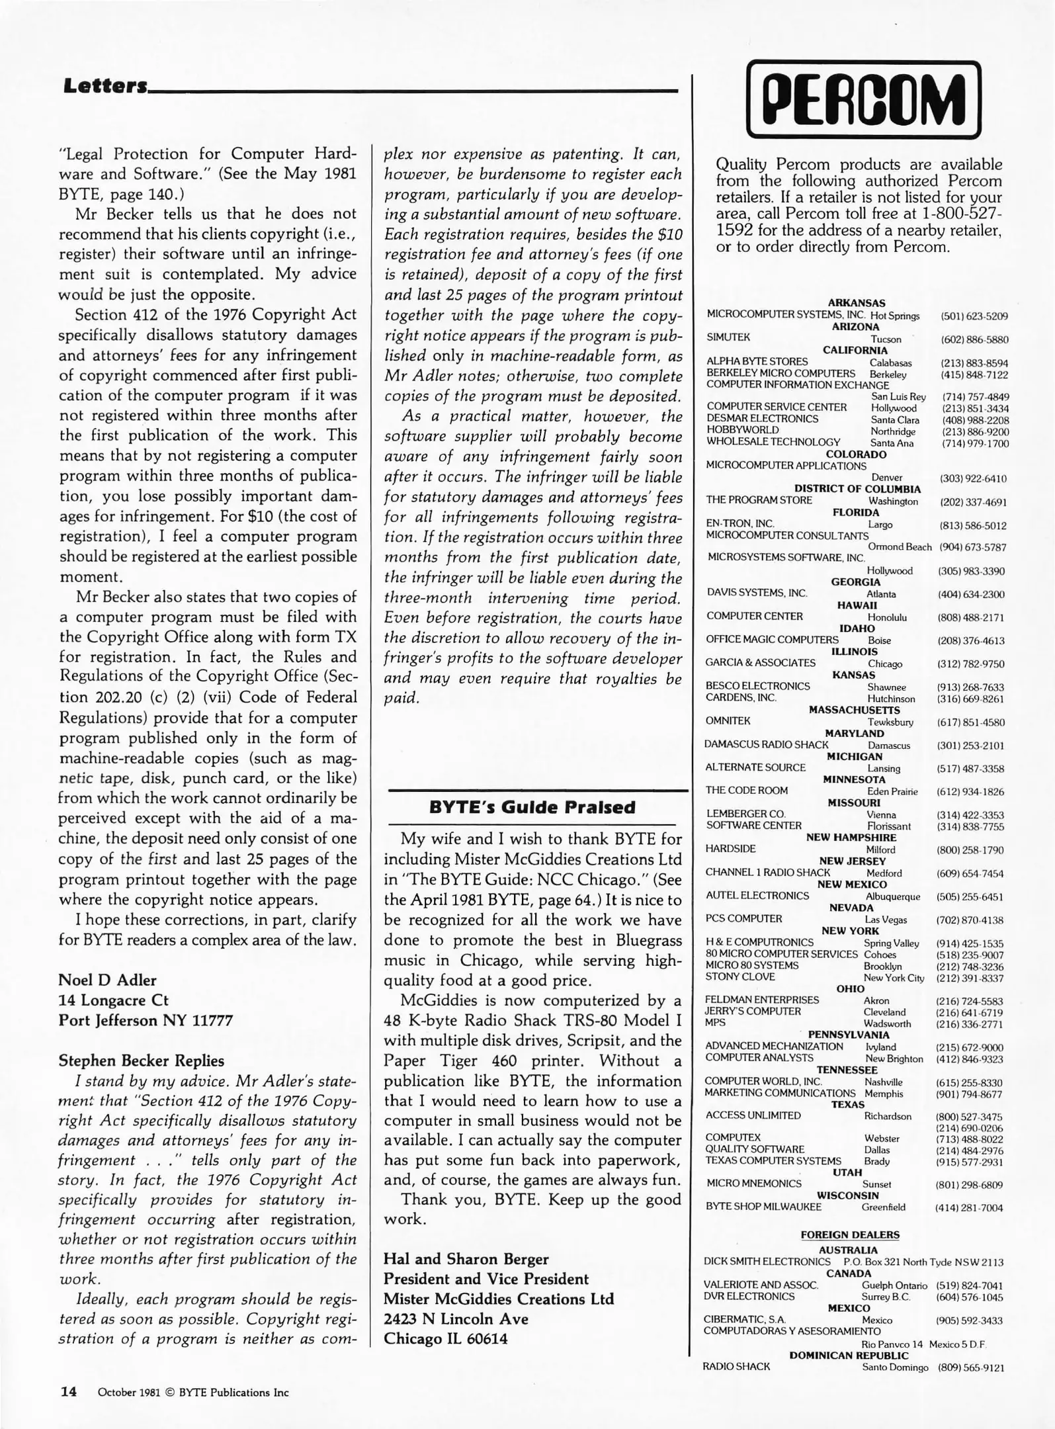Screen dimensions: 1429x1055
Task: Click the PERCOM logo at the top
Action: (863, 99)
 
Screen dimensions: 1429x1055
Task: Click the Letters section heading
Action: (105, 86)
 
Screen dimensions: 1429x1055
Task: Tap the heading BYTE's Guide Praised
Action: (532, 807)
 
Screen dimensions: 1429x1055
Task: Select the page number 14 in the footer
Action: (69, 1391)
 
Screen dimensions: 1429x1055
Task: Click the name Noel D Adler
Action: (107, 980)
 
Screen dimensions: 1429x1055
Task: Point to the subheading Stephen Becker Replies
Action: (142, 1061)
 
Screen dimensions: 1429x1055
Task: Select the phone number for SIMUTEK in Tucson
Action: (974, 339)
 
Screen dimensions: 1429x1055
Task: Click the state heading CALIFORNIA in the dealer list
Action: (855, 350)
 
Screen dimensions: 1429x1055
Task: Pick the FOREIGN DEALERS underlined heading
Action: (850, 1234)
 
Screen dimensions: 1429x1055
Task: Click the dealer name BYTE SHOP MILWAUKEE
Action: (763, 1206)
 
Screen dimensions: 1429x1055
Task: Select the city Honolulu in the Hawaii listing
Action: (887, 617)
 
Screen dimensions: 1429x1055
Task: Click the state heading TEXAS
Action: (848, 1104)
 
